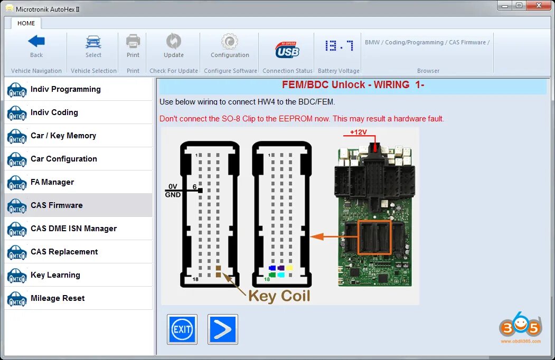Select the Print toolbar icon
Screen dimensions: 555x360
[133, 42]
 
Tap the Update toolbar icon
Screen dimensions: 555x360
[173, 42]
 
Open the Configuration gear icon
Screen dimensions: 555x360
[229, 42]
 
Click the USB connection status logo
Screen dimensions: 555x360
[287, 50]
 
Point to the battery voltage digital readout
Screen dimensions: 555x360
[339, 46]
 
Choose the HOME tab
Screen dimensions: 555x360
[26, 23]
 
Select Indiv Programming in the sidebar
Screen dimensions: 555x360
[65, 89]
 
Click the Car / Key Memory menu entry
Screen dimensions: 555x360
[63, 136]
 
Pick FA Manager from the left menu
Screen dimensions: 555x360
[52, 182]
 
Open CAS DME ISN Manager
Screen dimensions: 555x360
[73, 229]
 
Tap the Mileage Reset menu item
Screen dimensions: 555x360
[58, 298]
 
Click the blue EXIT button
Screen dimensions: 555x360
[182, 329]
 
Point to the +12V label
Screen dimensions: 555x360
[358, 132]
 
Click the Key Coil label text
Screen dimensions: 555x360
[279, 296]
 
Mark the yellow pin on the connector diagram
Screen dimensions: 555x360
[289, 268]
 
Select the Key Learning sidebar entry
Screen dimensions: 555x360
[55, 275]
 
